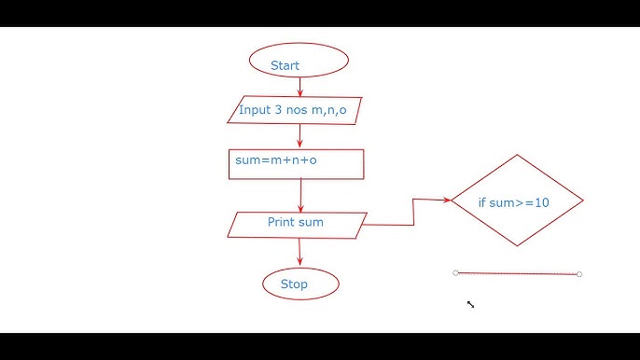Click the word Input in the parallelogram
(x=254, y=110)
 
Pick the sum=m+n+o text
(x=276, y=160)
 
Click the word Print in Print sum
(x=281, y=222)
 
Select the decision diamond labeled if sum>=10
(x=517, y=201)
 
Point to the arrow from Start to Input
(x=299, y=87)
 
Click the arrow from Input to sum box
(x=299, y=136)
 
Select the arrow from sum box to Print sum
(x=300, y=196)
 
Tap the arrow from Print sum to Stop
(x=299, y=252)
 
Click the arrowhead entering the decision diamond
(x=447, y=200)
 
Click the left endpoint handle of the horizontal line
(x=455, y=273)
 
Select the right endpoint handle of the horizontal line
(x=579, y=274)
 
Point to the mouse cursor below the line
(x=470, y=303)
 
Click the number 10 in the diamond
(x=542, y=201)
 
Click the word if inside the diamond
(x=482, y=201)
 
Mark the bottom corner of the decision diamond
(x=518, y=246)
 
